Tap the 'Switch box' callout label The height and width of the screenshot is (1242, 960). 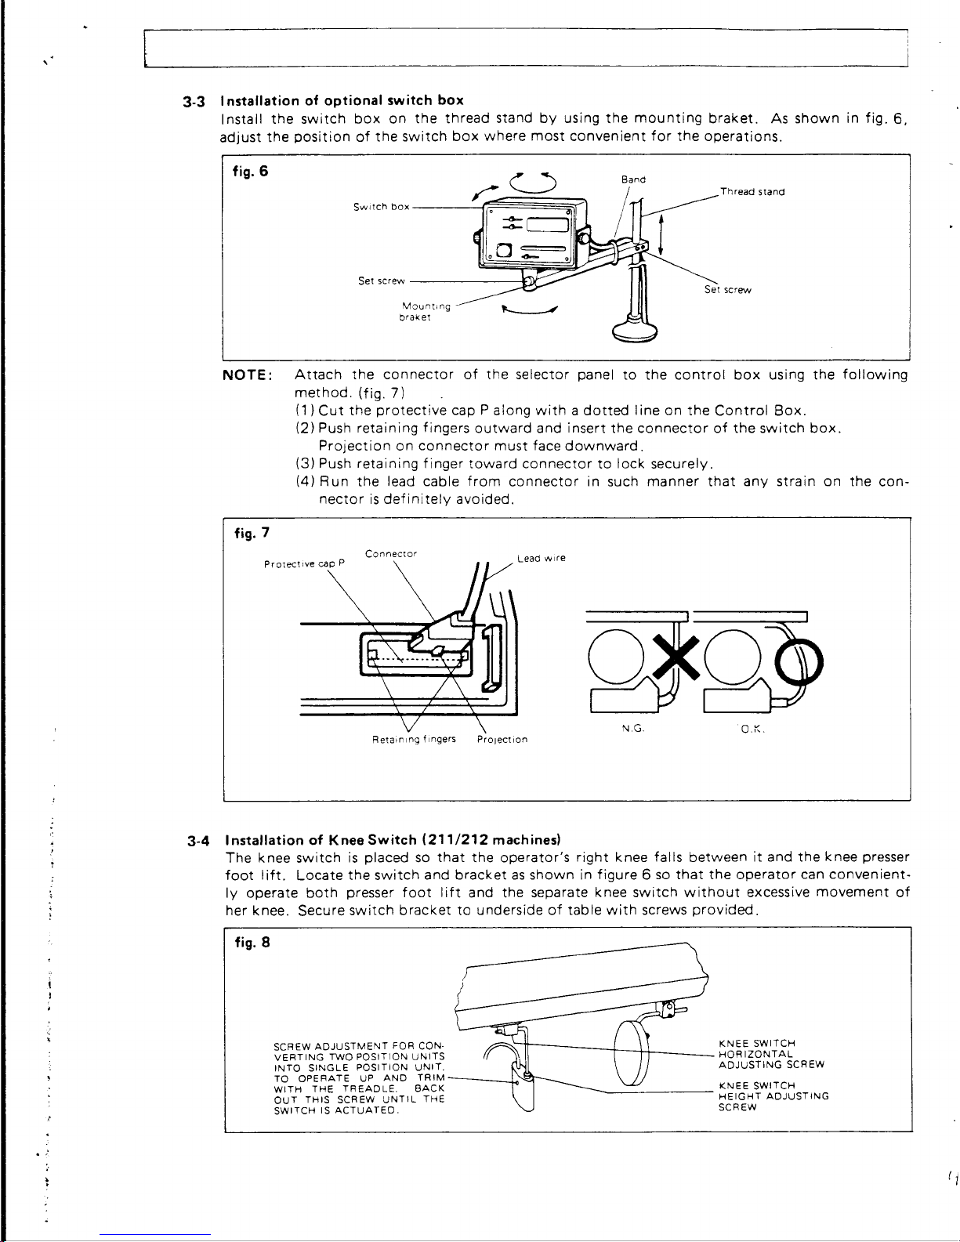(381, 208)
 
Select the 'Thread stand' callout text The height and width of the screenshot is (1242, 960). (752, 192)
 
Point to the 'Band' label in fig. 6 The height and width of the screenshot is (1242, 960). (633, 179)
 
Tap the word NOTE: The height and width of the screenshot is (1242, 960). (248, 375)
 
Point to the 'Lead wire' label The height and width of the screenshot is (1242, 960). (542, 559)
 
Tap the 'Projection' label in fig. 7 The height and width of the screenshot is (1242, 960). (502, 740)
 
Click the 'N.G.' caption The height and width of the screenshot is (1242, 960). (632, 729)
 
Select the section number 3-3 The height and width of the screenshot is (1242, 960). (195, 101)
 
